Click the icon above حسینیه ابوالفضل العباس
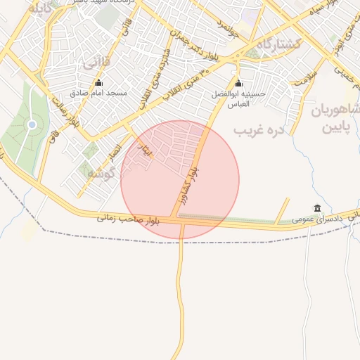pos(238,84)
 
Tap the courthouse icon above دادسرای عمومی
pos(318,208)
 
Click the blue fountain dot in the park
pos(32,125)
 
